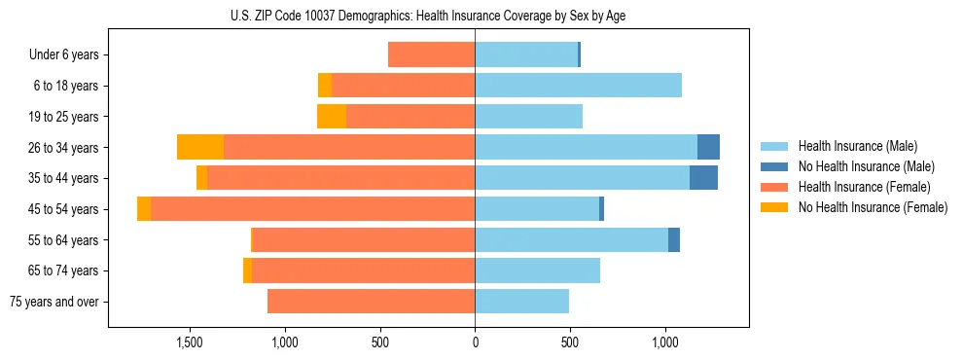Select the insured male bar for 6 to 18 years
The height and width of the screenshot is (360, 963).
(578, 86)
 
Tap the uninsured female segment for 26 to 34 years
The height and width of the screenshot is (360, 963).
(200, 147)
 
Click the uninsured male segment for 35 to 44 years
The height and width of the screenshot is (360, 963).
(703, 178)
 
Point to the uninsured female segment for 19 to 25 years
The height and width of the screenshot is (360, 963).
(332, 117)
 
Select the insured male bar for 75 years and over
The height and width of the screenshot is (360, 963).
(521, 302)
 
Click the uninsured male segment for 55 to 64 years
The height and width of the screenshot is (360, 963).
(674, 240)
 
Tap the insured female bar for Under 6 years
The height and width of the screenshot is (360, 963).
(431, 54)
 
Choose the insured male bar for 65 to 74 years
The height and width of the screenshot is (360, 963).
(537, 270)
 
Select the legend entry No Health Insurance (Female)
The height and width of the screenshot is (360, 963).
(873, 207)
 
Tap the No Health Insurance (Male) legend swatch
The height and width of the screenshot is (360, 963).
(775, 166)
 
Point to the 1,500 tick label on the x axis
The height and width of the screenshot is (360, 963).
(190, 343)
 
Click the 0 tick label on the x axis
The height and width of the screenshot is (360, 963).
(475, 343)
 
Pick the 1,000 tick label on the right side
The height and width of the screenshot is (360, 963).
(665, 343)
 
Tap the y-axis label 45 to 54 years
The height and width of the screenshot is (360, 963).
(66, 209)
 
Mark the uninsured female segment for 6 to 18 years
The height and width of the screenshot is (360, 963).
(325, 86)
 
